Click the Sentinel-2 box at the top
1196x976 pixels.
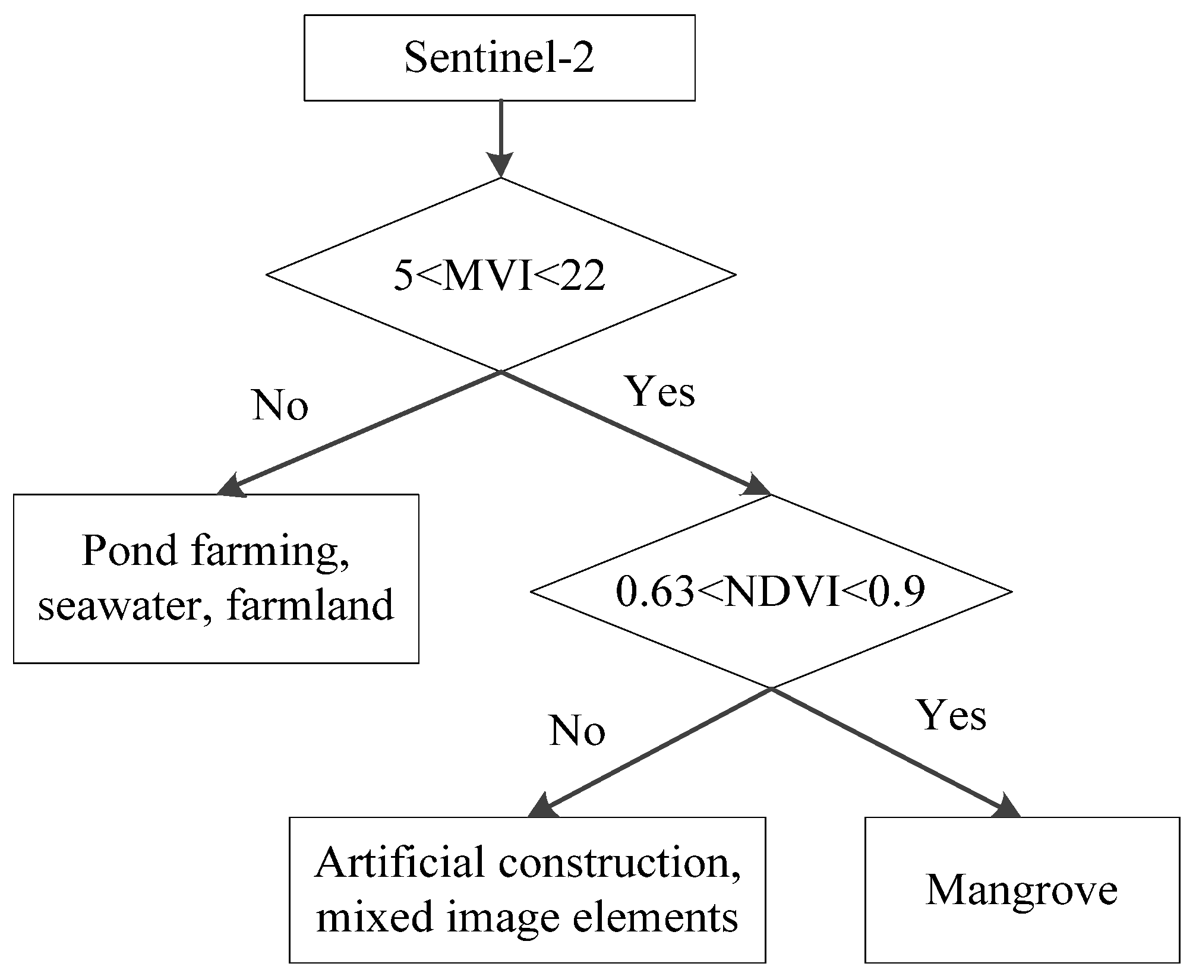pyautogui.click(x=499, y=58)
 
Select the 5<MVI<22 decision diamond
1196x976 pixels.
pyautogui.click(x=500, y=275)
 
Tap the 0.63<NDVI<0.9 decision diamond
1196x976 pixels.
pyautogui.click(x=770, y=591)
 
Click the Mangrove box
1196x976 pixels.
pyautogui.click(x=1021, y=890)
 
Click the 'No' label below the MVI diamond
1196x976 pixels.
pyautogui.click(x=280, y=406)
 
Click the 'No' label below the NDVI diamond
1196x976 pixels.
pyautogui.click(x=577, y=731)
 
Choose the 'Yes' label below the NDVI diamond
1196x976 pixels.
pyautogui.click(x=952, y=715)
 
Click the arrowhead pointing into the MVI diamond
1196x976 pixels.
pyautogui.click(x=500, y=165)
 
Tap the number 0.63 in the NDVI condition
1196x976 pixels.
pyautogui.click(x=655, y=592)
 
